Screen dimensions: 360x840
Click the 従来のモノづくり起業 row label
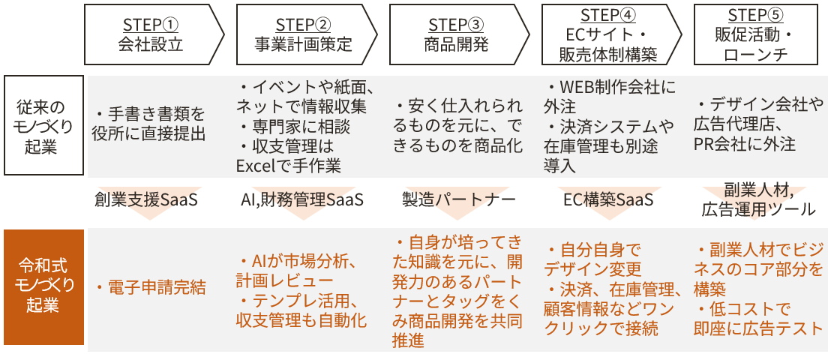[43, 125]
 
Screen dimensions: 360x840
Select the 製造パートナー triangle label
[459, 199]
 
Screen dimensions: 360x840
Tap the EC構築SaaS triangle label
[608, 199]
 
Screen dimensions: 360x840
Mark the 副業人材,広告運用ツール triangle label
[758, 199]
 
